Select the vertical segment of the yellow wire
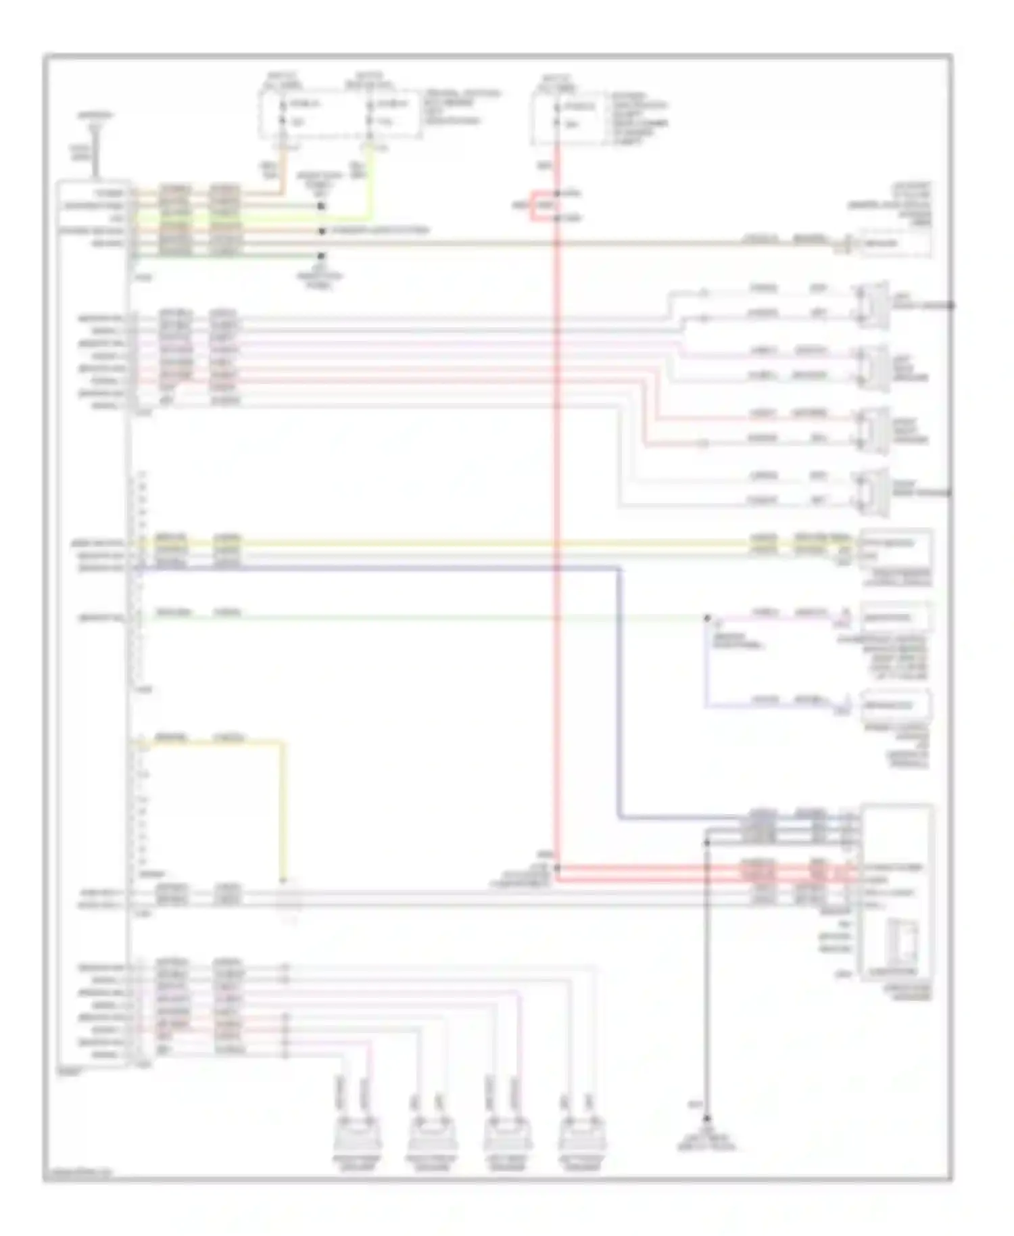pyautogui.click(x=283, y=811)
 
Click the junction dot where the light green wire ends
pyautogui.click(x=707, y=618)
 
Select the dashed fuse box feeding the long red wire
pyautogui.click(x=568, y=118)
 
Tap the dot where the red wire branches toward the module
pyautogui.click(x=557, y=867)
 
